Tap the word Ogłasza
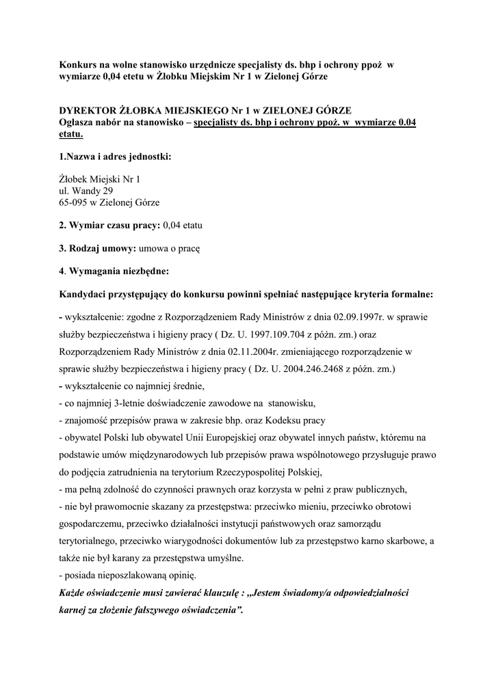click(79, 122)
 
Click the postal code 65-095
click(73, 202)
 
